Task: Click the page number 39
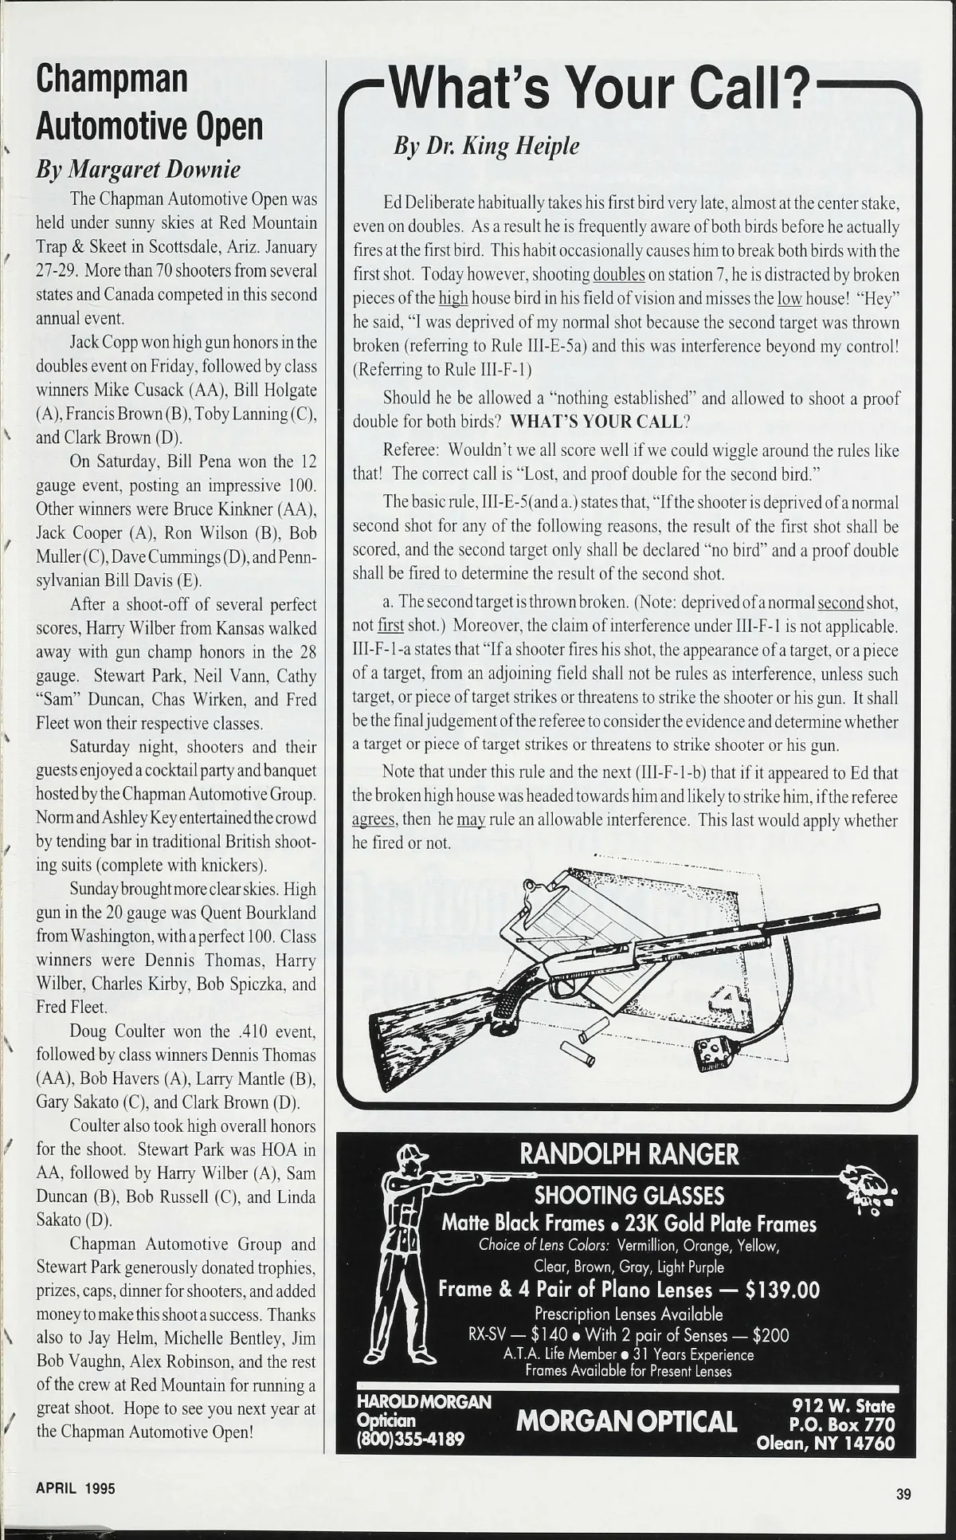(903, 1495)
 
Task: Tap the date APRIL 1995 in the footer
(76, 1488)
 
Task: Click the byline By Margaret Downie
(138, 169)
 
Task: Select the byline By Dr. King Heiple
(486, 146)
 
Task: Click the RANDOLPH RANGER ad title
(629, 1153)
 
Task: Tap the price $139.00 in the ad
(782, 1290)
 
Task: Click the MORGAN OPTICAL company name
(626, 1421)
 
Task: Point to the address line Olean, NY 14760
(825, 1443)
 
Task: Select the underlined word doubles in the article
(619, 275)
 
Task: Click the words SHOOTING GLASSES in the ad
(629, 1196)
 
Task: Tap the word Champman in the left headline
(112, 78)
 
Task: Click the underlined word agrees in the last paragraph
(374, 820)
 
